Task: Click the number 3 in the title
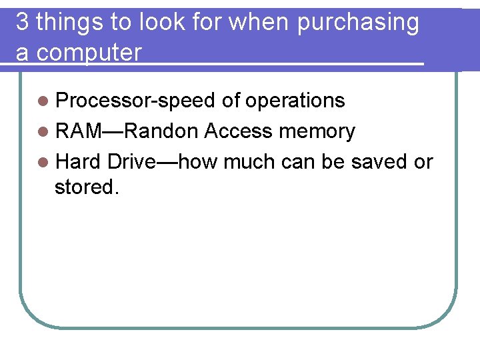(x=22, y=23)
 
